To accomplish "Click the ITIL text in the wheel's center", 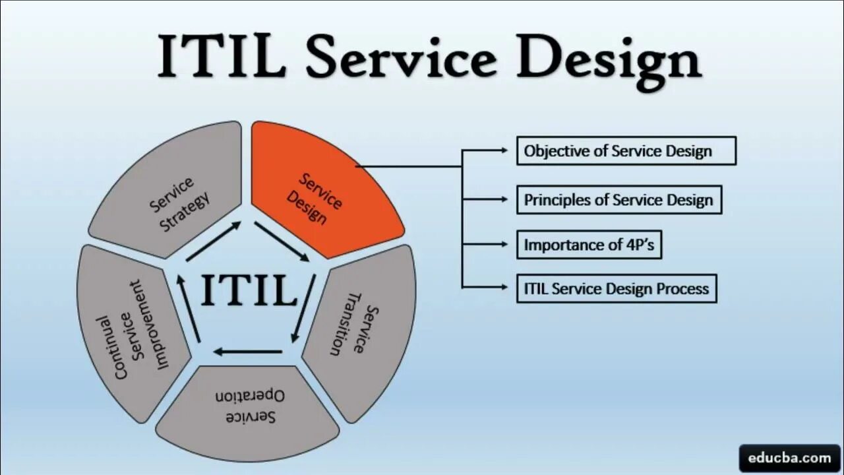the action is tap(249, 290).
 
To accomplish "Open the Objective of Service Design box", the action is tap(626, 151).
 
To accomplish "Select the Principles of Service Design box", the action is tap(618, 200).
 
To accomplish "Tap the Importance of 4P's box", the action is tap(589, 245).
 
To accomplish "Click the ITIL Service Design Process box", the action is tap(616, 288).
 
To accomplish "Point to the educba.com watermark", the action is tap(789, 457).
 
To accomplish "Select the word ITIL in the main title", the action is tap(222, 58).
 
